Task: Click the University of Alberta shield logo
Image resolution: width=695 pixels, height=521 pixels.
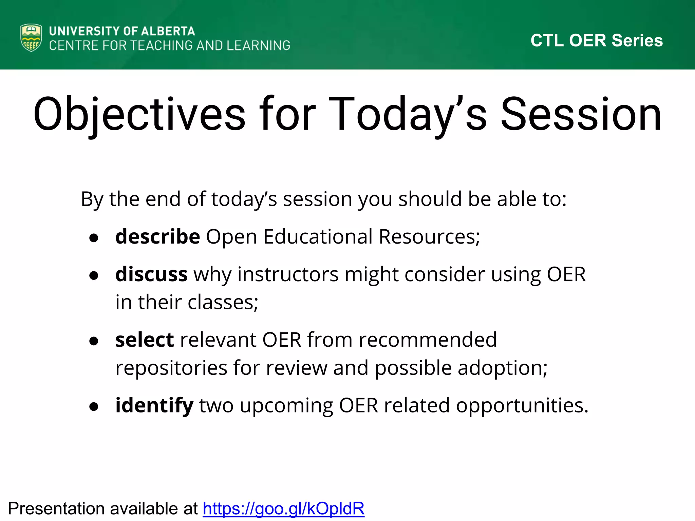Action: pyautogui.click(x=31, y=38)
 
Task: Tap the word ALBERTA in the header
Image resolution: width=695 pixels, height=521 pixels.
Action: pyautogui.click(x=168, y=31)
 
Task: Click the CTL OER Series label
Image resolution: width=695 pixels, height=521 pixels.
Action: pyautogui.click(x=597, y=40)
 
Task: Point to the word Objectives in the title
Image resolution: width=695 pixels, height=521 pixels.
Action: pyautogui.click(x=139, y=115)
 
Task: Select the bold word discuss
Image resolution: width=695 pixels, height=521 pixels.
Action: pyautogui.click(x=151, y=274)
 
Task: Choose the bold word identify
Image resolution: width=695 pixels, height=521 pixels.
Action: pyautogui.click(x=154, y=406)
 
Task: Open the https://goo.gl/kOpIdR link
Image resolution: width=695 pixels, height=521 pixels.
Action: pyautogui.click(x=284, y=508)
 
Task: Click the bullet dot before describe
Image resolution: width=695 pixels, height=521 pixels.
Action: pyautogui.click(x=94, y=238)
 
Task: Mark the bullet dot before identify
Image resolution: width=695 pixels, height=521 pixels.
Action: pyautogui.click(x=94, y=406)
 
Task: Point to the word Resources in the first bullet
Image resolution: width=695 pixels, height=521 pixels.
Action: pyautogui.click(x=429, y=236)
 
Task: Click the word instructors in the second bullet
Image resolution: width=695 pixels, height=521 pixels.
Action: pyautogui.click(x=288, y=274)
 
